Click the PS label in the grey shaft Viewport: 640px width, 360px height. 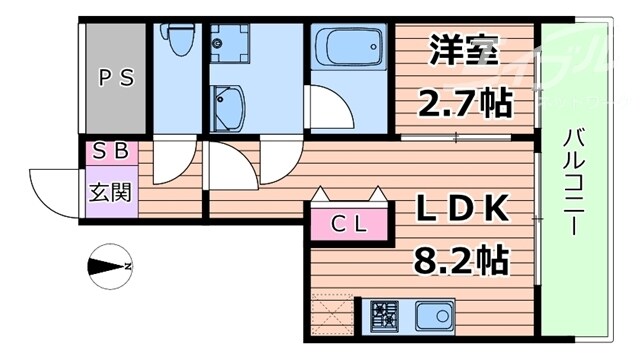113,76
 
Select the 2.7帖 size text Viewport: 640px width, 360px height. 463,102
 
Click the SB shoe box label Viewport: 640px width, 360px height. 110,153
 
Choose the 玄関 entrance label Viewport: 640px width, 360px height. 110,189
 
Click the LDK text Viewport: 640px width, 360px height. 463,212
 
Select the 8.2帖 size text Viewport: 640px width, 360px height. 462,260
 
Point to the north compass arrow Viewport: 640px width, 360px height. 108,266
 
